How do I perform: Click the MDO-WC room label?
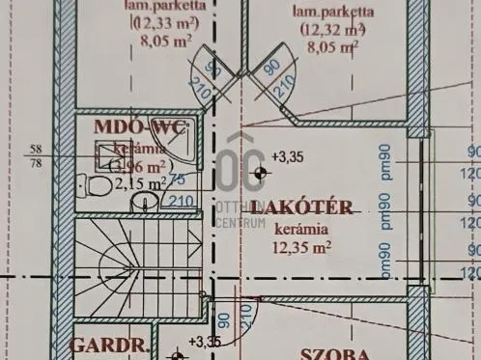coord(139,128)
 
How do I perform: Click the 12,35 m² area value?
coord(302,247)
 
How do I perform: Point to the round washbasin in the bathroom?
coord(143,202)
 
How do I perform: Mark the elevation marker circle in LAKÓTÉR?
coord(258,173)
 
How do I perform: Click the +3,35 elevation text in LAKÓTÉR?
coord(287,155)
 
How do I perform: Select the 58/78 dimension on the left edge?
coord(37,154)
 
